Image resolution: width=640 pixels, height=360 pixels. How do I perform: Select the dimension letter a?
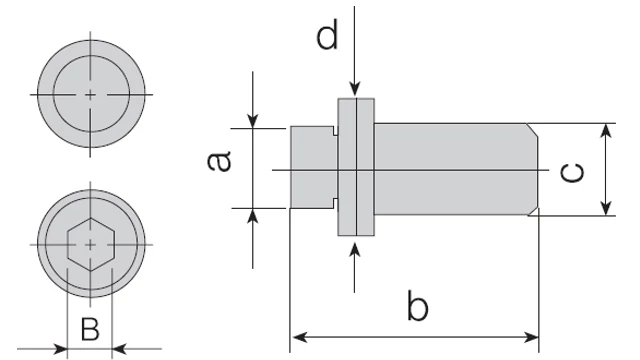pos(220,161)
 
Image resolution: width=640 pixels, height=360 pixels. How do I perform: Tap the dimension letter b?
pos(418,305)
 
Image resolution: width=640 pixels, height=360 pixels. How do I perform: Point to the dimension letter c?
pos(572,173)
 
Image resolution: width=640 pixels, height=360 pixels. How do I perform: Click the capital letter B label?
pos(90,329)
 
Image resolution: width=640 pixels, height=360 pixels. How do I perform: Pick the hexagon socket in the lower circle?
pos(91,244)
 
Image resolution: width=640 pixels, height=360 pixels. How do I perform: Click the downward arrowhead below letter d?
pos(355,88)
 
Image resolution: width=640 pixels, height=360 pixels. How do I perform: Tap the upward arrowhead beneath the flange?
pos(355,249)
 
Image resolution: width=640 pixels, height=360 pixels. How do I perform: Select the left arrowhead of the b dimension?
pos(299,338)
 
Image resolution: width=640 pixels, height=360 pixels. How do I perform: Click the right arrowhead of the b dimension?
pos(531,338)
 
